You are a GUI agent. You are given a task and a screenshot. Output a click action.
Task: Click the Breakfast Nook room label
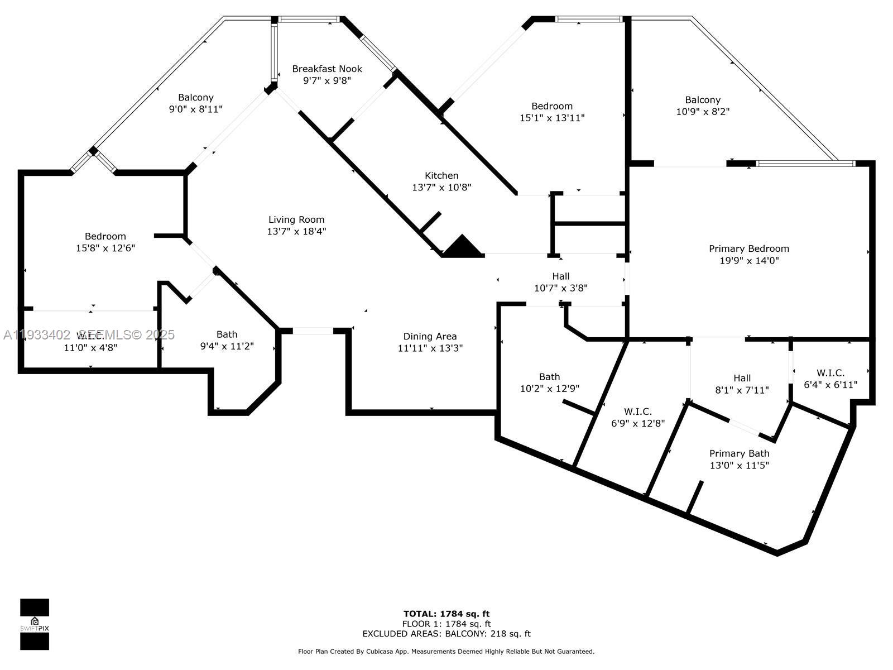tap(327, 69)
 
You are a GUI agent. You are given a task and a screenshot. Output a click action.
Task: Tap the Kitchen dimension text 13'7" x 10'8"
tap(441, 188)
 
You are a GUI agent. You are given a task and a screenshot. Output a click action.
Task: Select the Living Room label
tap(296, 219)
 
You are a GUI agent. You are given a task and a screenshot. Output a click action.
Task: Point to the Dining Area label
tap(430, 336)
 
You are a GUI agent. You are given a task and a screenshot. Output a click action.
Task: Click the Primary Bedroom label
tap(749, 248)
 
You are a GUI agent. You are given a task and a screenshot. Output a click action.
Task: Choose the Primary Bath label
tap(739, 453)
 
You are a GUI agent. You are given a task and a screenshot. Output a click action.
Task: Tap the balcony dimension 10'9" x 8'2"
tap(703, 112)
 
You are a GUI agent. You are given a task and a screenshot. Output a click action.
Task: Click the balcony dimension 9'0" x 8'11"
tap(196, 109)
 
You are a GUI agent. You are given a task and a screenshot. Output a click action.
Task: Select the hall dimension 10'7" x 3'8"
tap(560, 288)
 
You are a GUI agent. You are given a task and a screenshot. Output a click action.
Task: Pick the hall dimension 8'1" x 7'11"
tap(742, 390)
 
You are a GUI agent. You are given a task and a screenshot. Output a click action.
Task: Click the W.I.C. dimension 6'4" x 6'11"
tap(830, 385)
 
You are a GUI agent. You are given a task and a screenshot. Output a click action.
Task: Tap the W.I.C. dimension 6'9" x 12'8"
tap(638, 424)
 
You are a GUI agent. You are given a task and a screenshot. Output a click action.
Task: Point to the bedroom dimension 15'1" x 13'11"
tap(551, 118)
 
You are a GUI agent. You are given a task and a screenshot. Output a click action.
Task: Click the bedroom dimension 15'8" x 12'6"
tap(105, 248)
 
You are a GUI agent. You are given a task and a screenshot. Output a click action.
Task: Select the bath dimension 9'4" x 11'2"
tap(227, 346)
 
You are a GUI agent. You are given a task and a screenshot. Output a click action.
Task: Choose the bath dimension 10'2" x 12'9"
tap(549, 389)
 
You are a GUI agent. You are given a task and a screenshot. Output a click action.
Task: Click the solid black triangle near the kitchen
tap(462, 247)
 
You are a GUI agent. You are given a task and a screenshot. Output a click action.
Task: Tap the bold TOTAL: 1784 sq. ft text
tap(446, 614)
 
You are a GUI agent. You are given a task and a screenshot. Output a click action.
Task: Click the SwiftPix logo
tap(35, 624)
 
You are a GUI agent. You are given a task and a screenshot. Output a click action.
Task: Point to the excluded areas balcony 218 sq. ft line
tap(446, 634)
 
